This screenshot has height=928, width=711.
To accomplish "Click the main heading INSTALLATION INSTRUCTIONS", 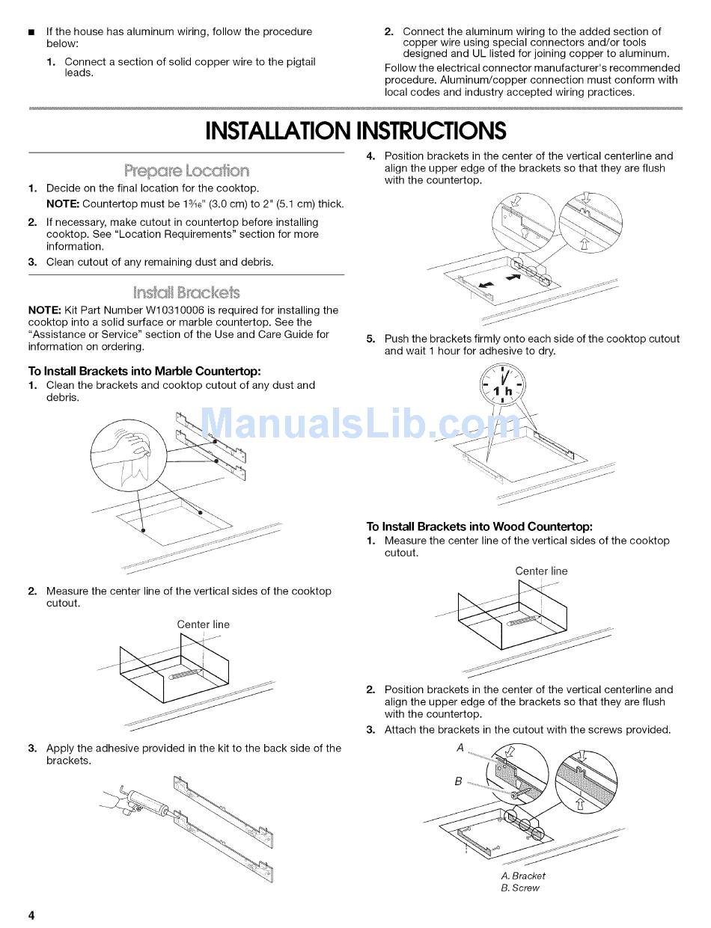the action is point(355,131).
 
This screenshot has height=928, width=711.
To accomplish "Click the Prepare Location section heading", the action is point(186,170).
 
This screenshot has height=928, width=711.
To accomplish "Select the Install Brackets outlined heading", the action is point(186,292).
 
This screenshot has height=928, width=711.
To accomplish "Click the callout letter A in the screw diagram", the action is point(460,748).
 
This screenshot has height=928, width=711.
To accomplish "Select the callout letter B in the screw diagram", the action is point(458,781).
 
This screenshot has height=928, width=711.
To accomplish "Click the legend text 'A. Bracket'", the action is point(523,876).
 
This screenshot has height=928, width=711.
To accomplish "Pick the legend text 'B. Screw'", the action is point(520,888).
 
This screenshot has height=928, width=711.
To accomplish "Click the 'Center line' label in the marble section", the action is point(203,624).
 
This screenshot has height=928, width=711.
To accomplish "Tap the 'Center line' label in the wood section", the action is point(541,571).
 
